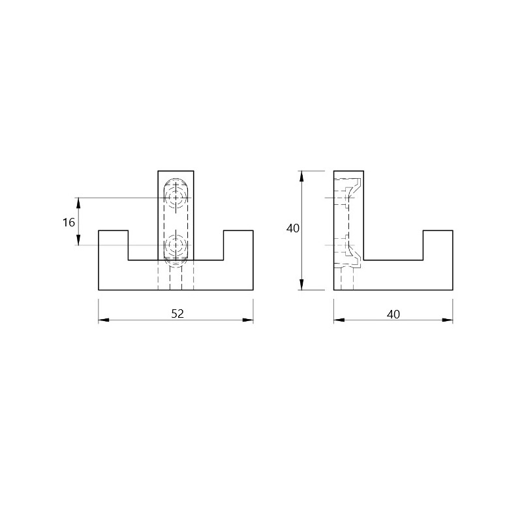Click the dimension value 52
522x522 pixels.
pos(177,314)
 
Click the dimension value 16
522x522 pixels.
pos(69,222)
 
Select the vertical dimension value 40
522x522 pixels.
pos(293,228)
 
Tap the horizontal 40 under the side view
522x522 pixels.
pos(393,315)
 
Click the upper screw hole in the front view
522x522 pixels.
pos(176,198)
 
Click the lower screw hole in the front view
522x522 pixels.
pos(176,245)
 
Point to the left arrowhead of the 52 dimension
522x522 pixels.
pos(104,320)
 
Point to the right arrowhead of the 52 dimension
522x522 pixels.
pos(248,320)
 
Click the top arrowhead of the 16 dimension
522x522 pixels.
pos(78,203)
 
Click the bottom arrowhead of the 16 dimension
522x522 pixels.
pos(78,240)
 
